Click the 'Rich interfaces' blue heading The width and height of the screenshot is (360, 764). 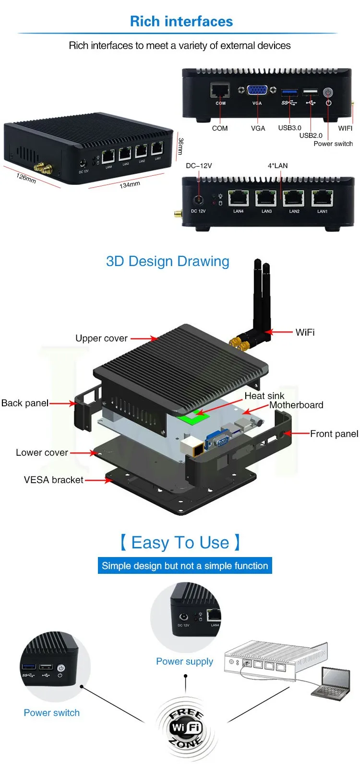[x=181, y=22]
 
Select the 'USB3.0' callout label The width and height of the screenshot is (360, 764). [x=289, y=128]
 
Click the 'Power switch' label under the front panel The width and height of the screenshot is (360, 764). [x=333, y=144]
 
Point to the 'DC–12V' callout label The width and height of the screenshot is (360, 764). [x=199, y=166]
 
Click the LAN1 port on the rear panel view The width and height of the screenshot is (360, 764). [x=322, y=198]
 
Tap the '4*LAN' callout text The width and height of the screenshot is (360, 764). [x=277, y=166]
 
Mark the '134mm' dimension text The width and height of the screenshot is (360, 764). [x=130, y=184]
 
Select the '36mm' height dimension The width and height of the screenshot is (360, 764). [x=180, y=146]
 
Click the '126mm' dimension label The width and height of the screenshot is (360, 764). [x=26, y=177]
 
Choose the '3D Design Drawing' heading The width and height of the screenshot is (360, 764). [x=168, y=261]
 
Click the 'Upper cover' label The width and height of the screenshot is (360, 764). [x=101, y=339]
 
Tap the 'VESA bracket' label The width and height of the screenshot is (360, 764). [x=53, y=480]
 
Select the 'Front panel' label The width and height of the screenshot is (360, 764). [x=334, y=434]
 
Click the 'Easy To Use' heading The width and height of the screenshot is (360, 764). [x=180, y=543]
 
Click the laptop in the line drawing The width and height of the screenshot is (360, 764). [x=331, y=684]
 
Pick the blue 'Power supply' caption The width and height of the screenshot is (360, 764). [x=184, y=661]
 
